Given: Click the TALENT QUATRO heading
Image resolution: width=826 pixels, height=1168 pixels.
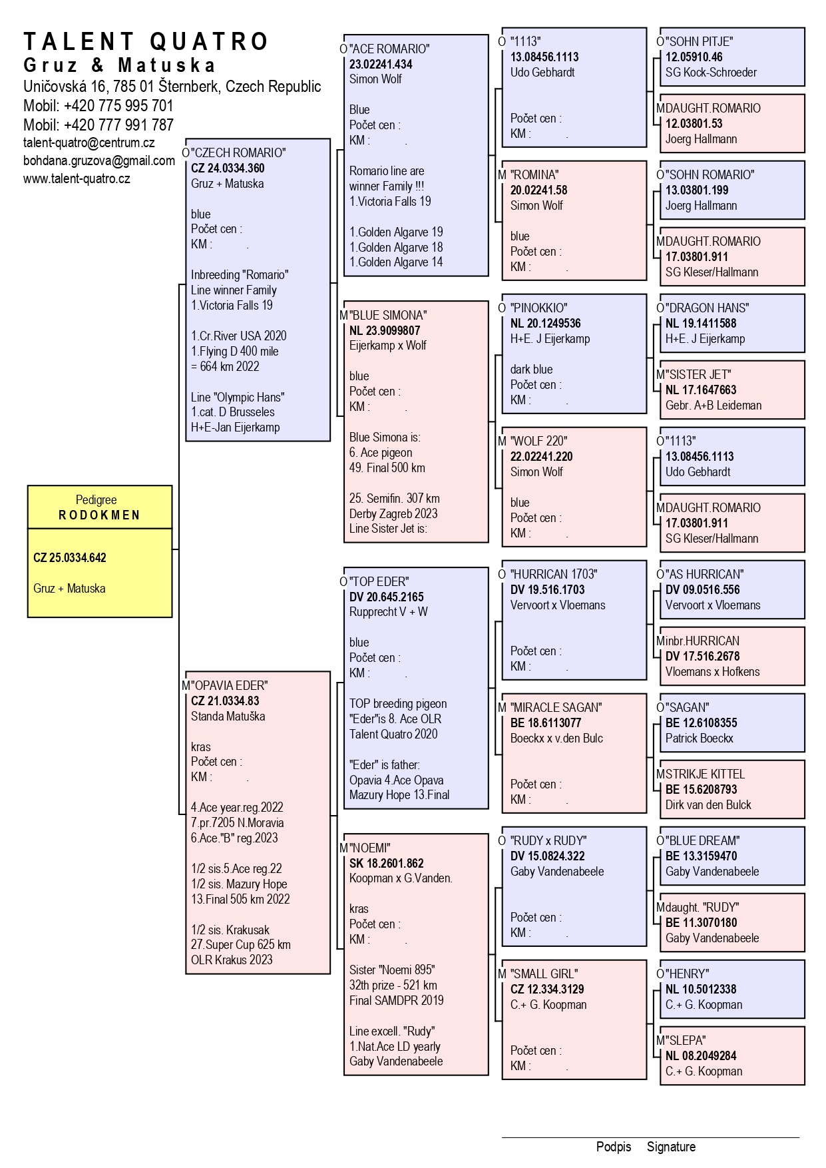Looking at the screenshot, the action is pyautogui.click(x=146, y=41).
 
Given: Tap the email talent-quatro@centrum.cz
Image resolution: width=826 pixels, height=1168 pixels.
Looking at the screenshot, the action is pyautogui.click(x=89, y=143).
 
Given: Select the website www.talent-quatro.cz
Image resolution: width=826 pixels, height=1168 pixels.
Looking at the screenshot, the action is pyautogui.click(x=77, y=178).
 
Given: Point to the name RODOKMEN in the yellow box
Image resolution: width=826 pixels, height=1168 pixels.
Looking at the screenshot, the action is pyautogui.click(x=100, y=515).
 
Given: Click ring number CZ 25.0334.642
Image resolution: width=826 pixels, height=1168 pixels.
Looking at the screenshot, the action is pyautogui.click(x=70, y=558).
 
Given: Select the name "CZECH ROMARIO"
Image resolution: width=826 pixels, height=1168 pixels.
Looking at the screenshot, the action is pyautogui.click(x=239, y=152).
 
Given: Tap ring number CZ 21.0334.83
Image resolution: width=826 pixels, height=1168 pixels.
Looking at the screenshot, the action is pyautogui.click(x=225, y=701).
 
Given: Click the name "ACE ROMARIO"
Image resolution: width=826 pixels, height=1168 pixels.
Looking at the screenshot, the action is pyautogui.click(x=389, y=49).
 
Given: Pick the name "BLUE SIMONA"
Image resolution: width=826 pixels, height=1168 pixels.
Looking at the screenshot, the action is pyautogui.click(x=388, y=315).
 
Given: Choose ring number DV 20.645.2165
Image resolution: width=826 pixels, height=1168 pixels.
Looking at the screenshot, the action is pyautogui.click(x=387, y=597).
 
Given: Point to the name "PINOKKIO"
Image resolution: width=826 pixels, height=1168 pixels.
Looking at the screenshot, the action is pyautogui.click(x=539, y=308).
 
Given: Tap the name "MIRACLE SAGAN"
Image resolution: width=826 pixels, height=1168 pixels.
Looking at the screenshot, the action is pyautogui.click(x=556, y=707).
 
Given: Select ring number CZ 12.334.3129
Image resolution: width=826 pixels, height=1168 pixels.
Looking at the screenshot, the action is pyautogui.click(x=547, y=989).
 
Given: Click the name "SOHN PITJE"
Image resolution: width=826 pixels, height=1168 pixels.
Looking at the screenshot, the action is pyautogui.click(x=699, y=41).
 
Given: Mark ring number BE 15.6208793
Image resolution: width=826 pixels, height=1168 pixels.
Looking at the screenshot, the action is pyautogui.click(x=702, y=789).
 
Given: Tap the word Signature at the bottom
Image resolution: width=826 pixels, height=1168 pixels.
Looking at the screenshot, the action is pyautogui.click(x=671, y=1147).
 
